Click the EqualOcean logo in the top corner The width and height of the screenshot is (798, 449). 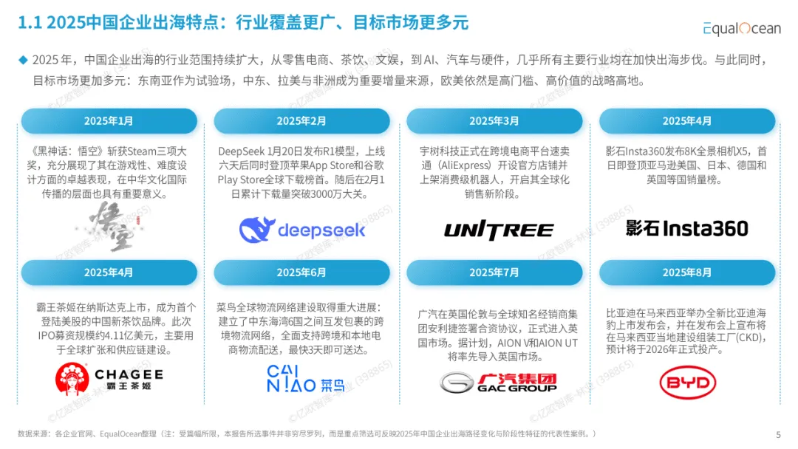point(741,28)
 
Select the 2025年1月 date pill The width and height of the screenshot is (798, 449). point(109,121)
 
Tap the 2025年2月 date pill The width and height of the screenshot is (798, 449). point(301,121)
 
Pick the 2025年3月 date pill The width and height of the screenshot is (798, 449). point(494,121)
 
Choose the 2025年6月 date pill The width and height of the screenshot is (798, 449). point(301,273)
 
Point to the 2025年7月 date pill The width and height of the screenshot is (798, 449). point(494,273)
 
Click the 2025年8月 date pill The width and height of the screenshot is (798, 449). point(687,273)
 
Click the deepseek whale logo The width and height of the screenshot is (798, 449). point(258,230)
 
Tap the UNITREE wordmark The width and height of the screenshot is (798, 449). point(498,230)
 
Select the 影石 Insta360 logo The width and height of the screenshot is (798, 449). point(686,228)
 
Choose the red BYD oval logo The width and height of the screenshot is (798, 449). point(687,383)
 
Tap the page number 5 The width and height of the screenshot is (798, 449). point(778,434)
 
